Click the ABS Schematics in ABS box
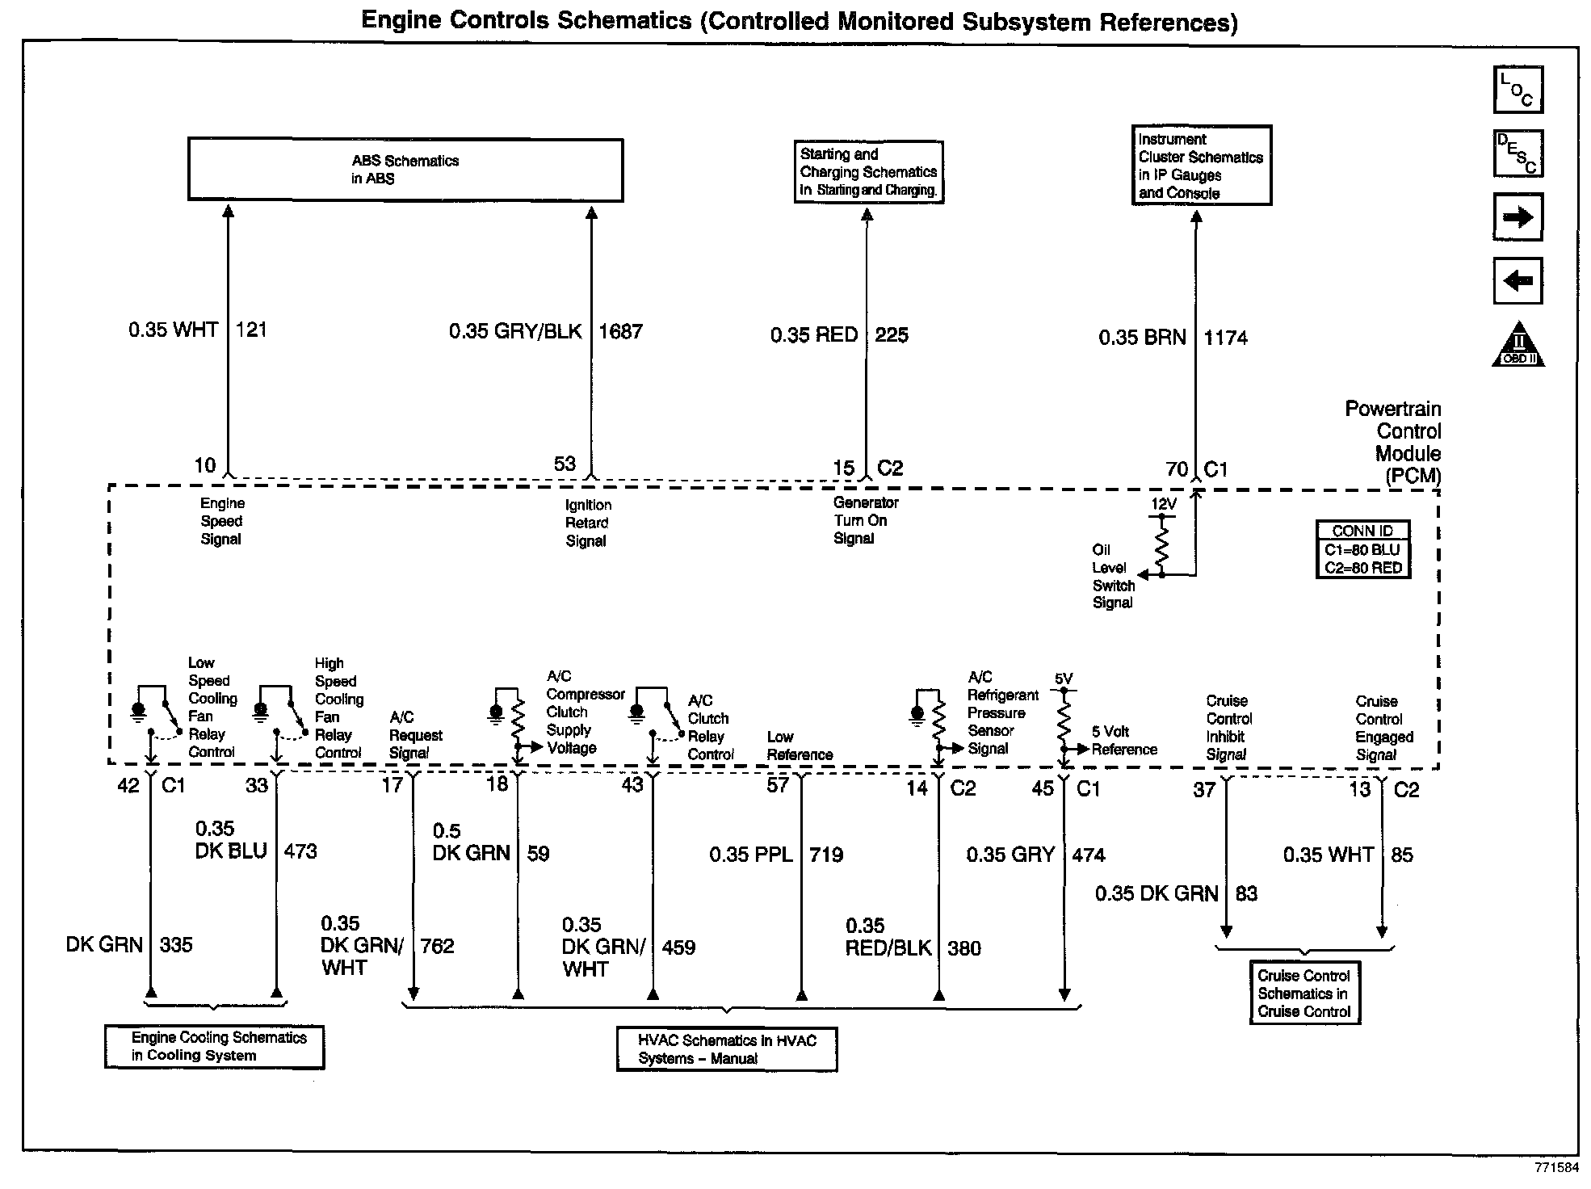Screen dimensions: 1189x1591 [x=405, y=170]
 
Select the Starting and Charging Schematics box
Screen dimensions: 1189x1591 [x=868, y=172]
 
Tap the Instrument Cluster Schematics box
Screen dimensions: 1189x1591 [x=1201, y=166]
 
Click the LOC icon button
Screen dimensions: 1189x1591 [x=1518, y=90]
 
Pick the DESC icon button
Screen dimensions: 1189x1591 [x=1518, y=153]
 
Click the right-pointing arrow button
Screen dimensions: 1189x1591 [x=1518, y=216]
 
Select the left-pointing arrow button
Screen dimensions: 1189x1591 [x=1518, y=280]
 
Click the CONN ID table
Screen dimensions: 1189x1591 [x=1362, y=549]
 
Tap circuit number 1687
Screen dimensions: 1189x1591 [x=620, y=331]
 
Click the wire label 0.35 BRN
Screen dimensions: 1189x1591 [x=1142, y=338]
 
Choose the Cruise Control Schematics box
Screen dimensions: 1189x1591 [x=1304, y=994]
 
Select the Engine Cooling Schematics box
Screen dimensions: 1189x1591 [x=215, y=1047]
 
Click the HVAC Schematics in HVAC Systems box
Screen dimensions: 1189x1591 [x=727, y=1049]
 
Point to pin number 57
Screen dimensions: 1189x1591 [x=778, y=785]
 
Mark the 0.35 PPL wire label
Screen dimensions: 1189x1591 [x=751, y=855]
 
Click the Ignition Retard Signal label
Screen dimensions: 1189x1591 [x=587, y=523]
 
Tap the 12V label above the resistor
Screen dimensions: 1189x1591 [x=1163, y=504]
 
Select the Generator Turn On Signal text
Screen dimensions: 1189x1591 [x=865, y=520]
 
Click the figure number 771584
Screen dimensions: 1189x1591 [x=1556, y=1168]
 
